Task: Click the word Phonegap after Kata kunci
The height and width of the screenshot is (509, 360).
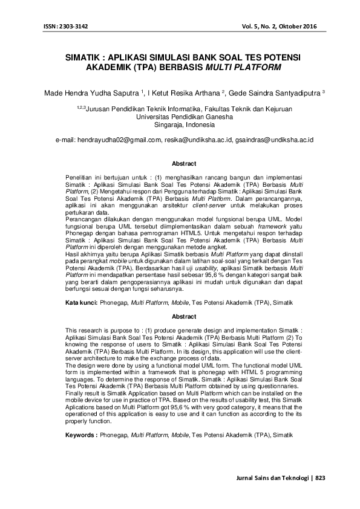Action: [x=114, y=300]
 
